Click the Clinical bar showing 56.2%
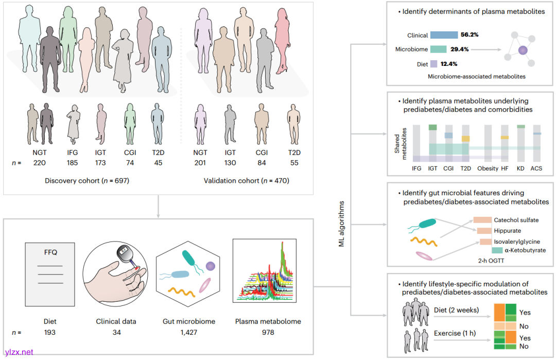pyautogui.click(x=444, y=36)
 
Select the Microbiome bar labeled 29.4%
pyautogui.click(x=438, y=49)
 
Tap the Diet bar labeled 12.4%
pyautogui.click(x=433, y=63)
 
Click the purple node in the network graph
pyautogui.click(x=523, y=50)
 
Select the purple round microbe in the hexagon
pyautogui.click(x=210, y=266)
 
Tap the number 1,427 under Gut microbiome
pyautogui.click(x=188, y=332)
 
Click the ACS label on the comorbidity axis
pyautogui.click(x=536, y=168)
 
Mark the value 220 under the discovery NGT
pyautogui.click(x=40, y=163)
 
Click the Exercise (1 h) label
pyautogui.click(x=455, y=333)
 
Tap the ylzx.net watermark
pyautogui.click(x=19, y=352)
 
